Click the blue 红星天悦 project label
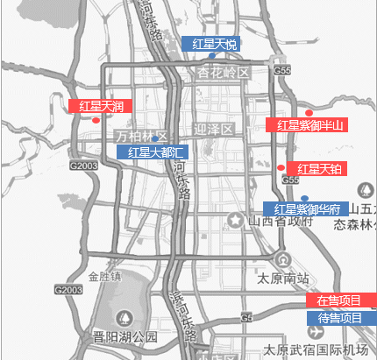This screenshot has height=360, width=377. (x=214, y=44)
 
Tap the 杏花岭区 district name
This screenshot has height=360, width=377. (x=224, y=72)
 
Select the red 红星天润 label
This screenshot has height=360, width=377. (x=100, y=107)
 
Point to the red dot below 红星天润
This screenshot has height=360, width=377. (x=95, y=120)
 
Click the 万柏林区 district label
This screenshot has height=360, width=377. (x=141, y=136)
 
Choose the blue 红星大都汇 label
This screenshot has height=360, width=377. (x=153, y=152)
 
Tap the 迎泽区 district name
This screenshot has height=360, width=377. (x=214, y=129)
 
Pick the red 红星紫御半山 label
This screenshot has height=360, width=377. (x=307, y=125)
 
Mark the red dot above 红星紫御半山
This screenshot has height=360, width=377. (x=308, y=113)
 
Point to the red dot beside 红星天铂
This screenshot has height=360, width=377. (x=281, y=167)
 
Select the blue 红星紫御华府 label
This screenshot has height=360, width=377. (x=305, y=209)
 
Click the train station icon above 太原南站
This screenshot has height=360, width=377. (x=282, y=260)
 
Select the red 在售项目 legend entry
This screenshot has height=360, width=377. (x=340, y=300)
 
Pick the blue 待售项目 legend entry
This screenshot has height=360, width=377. (x=340, y=317)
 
